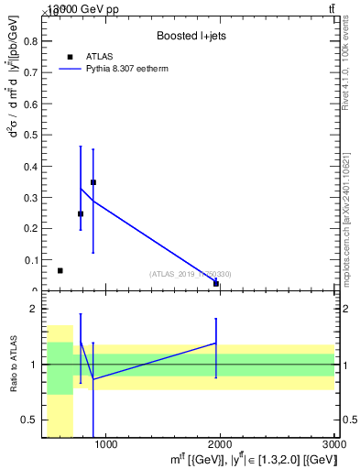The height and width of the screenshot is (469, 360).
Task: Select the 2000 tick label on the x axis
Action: pos(221,445)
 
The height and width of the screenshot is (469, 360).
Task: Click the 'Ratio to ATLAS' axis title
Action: pos(13,365)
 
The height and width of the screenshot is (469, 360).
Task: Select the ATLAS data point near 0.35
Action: pos(93,182)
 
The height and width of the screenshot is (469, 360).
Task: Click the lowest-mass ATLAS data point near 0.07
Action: pos(60,271)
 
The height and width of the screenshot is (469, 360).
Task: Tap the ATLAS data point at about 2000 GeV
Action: pos(216,283)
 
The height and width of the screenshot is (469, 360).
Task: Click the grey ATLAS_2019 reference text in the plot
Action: pos(191,274)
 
